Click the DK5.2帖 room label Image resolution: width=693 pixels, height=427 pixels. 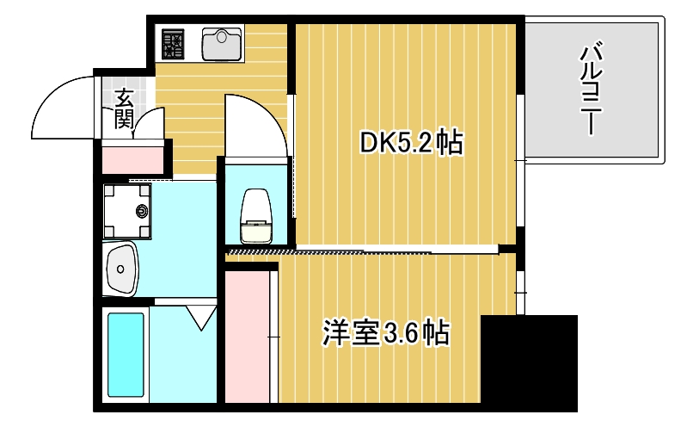coord(411,142)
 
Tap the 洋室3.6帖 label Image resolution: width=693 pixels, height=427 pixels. coord(386,332)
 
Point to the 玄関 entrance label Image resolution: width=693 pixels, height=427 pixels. coord(123,108)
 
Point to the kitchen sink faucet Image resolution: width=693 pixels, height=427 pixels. coord(224,34)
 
